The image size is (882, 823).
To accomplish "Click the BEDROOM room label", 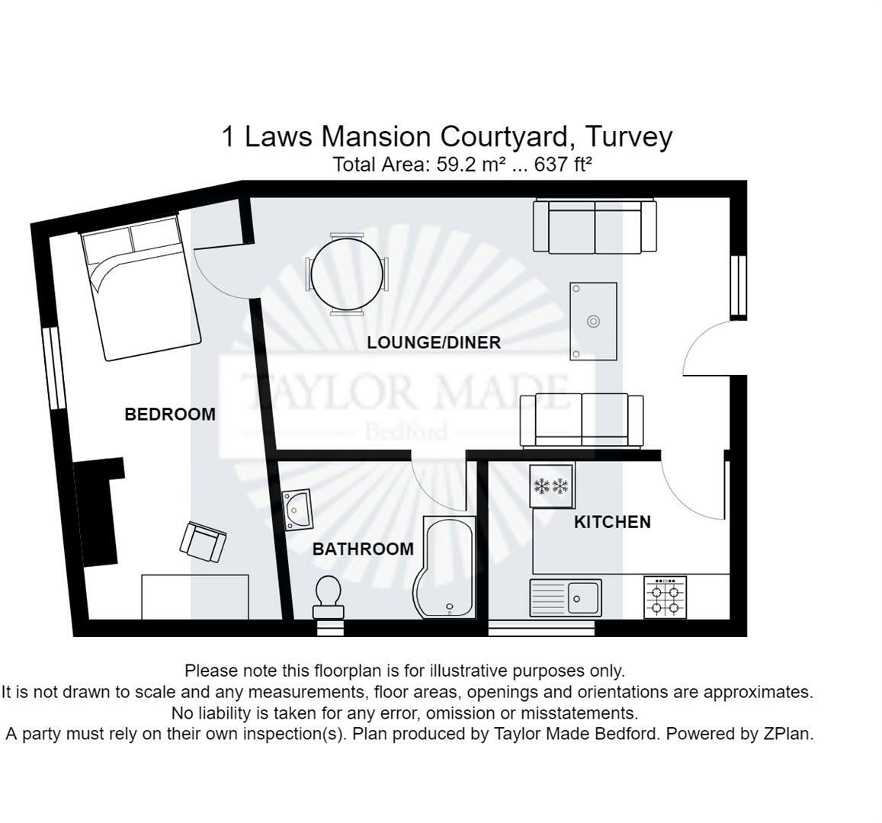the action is [170, 415].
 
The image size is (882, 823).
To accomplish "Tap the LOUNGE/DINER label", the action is [434, 342].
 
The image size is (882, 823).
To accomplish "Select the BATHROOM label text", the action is [363, 549].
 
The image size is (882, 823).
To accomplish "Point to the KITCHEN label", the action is [612, 522].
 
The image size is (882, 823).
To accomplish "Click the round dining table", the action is [347, 274].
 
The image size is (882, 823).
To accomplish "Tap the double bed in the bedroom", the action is [140, 287].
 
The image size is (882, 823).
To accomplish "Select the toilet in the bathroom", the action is [329, 598].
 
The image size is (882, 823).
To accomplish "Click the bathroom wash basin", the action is [297, 510].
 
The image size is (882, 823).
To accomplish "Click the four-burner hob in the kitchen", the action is [665, 597].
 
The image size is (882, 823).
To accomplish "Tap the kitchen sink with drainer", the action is [566, 598].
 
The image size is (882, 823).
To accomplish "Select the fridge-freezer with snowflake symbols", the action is [551, 485].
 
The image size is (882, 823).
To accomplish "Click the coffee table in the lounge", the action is [593, 321].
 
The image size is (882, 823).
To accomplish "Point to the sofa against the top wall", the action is [595, 226].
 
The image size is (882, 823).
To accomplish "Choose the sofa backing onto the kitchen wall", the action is [582, 421].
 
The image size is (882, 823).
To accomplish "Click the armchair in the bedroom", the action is [203, 542].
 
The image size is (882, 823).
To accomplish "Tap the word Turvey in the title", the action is [629, 136].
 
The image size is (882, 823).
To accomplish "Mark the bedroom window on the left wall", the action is [54, 369].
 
